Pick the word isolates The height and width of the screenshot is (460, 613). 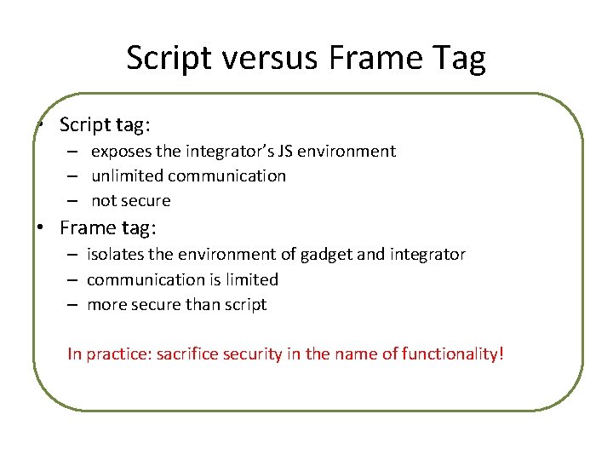pyautogui.click(x=115, y=254)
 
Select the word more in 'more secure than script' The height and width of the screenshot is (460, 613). pyautogui.click(x=106, y=305)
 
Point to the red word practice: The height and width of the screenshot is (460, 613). pyautogui.click(x=116, y=354)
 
